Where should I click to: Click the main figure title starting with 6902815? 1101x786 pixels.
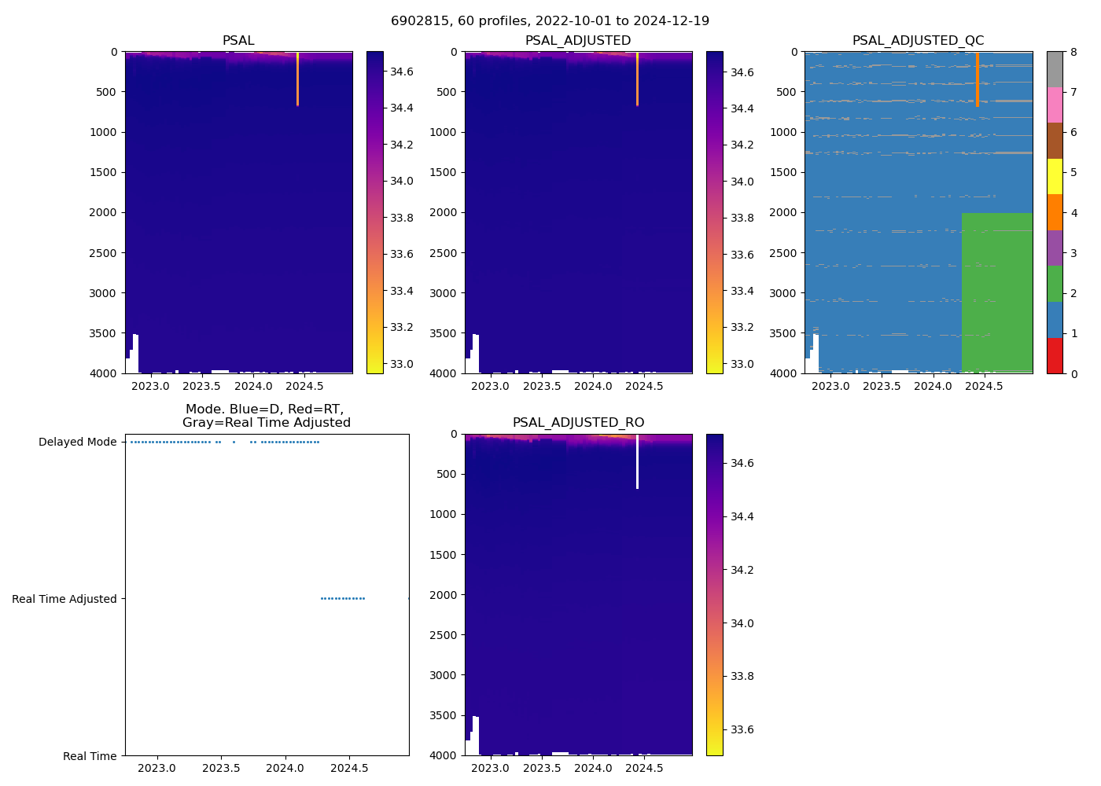pos(550,21)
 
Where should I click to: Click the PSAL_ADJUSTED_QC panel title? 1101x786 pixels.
pos(918,41)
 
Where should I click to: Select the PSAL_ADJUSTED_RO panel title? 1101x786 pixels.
pos(578,423)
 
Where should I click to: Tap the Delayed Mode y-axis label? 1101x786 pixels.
pos(77,442)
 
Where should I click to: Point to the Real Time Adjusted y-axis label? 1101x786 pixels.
pos(64,599)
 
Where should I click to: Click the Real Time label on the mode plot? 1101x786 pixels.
pos(90,756)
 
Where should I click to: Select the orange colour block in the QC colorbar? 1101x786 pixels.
pos(1055,212)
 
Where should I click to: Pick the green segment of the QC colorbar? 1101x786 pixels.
pos(1055,284)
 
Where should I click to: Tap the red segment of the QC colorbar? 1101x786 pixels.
pos(1055,355)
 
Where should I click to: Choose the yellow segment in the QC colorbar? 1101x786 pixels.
pos(1055,176)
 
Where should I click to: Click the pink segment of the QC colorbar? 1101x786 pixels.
pos(1055,105)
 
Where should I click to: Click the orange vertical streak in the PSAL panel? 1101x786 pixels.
pos(297,79)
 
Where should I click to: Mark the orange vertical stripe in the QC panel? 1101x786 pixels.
pos(977,79)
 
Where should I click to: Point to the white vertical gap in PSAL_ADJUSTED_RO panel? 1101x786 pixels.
pos(637,464)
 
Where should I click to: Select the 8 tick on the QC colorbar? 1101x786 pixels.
pos(1073,52)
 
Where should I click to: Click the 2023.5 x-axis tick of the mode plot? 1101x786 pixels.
pos(222,768)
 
